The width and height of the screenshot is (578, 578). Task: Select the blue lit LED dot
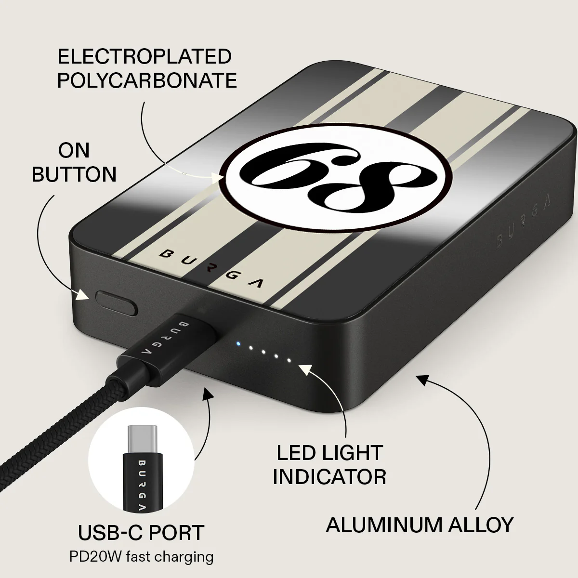click(x=238, y=344)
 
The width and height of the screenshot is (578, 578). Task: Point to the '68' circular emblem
click(x=334, y=176)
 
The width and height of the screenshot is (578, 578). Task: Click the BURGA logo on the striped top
click(x=211, y=268)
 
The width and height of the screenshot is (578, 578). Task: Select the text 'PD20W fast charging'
click(x=141, y=556)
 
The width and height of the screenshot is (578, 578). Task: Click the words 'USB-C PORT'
click(x=141, y=532)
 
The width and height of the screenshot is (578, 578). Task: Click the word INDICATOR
click(x=329, y=477)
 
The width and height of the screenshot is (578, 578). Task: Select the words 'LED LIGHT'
click(x=329, y=453)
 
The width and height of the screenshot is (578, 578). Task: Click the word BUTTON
click(x=74, y=174)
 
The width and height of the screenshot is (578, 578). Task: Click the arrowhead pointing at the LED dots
click(x=305, y=370)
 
